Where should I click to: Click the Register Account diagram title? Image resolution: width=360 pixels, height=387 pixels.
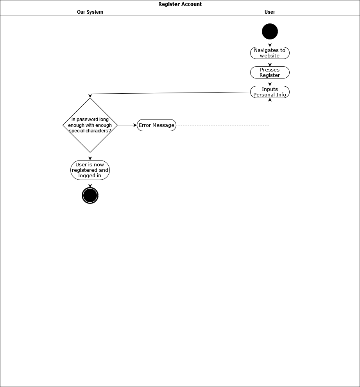(180, 4)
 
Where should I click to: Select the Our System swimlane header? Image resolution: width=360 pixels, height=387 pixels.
(90, 12)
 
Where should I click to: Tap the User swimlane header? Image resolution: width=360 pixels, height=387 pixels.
(270, 12)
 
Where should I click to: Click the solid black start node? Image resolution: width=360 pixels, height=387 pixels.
(270, 32)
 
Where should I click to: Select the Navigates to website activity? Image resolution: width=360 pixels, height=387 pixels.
(270, 53)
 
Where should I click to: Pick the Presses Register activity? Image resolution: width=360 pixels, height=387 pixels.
(270, 73)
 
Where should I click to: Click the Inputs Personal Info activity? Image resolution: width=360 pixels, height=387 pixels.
(270, 92)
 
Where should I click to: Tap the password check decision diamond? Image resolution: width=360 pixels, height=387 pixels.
(90, 125)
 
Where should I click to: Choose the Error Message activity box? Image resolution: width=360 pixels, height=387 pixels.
(156, 125)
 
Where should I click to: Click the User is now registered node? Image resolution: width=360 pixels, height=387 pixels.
(90, 170)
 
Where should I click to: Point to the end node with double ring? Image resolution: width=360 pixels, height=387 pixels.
(90, 195)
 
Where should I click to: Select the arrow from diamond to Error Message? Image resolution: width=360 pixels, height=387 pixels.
(127, 125)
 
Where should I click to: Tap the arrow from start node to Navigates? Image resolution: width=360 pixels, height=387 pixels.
(270, 43)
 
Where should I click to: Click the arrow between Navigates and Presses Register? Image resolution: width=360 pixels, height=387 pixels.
(270, 62)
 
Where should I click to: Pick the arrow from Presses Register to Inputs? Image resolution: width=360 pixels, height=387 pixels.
(270, 82)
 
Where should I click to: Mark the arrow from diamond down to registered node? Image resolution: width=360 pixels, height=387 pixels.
(90, 156)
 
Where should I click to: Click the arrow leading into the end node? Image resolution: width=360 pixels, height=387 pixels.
(90, 184)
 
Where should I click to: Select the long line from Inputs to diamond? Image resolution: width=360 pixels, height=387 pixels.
(170, 93)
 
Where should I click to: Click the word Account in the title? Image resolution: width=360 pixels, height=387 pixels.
(191, 4)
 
